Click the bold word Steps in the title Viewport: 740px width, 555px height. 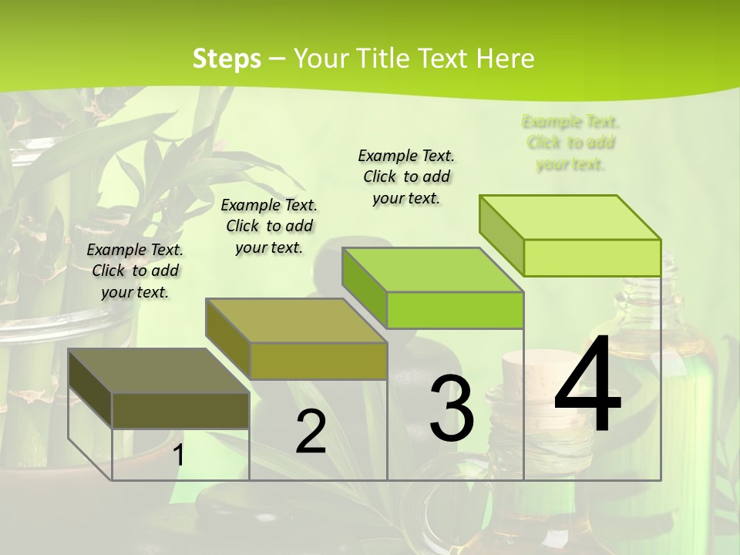coord(227,59)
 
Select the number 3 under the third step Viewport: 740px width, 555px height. coord(451,409)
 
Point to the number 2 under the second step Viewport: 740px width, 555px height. coord(311,432)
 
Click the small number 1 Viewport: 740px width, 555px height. coord(178,455)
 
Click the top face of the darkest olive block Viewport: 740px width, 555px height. coord(158,371)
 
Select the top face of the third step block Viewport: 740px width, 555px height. coord(432,270)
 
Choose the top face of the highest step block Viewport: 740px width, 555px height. coord(570,217)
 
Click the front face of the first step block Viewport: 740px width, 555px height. coord(181,410)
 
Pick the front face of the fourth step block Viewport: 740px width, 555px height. coord(592,257)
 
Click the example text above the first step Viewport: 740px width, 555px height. coord(135,271)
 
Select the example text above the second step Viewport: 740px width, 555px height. coord(269,226)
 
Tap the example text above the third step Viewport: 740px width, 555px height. coord(406,177)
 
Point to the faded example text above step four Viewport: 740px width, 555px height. coord(570,143)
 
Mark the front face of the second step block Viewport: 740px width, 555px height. coord(318,361)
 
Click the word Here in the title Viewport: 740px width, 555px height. coord(506,59)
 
